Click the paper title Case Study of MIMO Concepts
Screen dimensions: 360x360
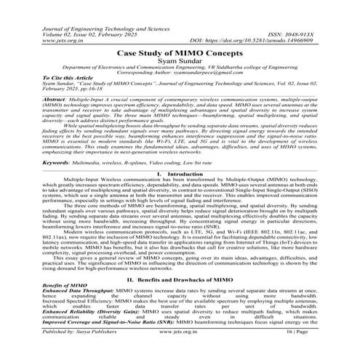coord(180,54)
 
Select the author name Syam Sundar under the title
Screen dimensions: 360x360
coord(180,63)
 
